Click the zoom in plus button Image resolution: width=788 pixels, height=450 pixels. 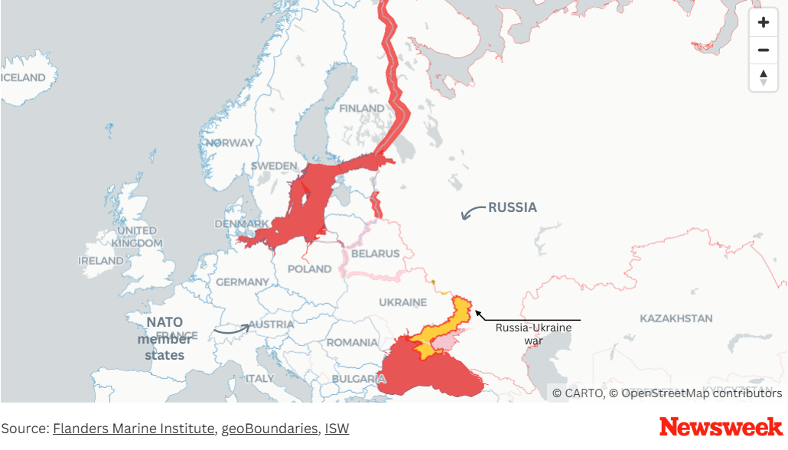click(x=763, y=22)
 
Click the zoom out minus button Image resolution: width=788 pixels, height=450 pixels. click(x=763, y=51)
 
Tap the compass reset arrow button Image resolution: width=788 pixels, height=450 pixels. click(x=763, y=77)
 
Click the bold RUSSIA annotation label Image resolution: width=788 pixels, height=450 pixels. click(x=512, y=207)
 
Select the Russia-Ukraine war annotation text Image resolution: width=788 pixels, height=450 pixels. click(x=533, y=334)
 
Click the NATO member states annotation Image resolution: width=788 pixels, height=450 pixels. click(x=164, y=338)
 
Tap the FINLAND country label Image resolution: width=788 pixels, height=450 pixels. click(x=362, y=108)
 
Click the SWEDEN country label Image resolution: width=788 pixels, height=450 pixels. click(x=273, y=166)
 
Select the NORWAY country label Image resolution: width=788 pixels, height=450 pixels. click(x=230, y=143)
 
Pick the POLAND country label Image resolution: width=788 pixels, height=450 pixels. click(x=310, y=269)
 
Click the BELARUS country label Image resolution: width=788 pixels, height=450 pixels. click(x=376, y=253)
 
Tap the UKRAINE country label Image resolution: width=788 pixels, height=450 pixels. click(x=402, y=302)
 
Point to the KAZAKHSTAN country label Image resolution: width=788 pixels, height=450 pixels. click(x=676, y=318)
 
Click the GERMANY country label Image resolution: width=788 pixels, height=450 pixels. click(x=243, y=282)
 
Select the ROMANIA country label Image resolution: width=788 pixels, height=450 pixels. click(x=352, y=342)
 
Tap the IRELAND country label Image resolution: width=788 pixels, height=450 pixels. click(x=100, y=261)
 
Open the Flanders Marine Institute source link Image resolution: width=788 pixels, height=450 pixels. click(x=133, y=429)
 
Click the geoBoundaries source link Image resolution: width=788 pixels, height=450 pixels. click(x=269, y=429)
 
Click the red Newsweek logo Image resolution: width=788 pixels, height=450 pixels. click(x=721, y=427)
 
